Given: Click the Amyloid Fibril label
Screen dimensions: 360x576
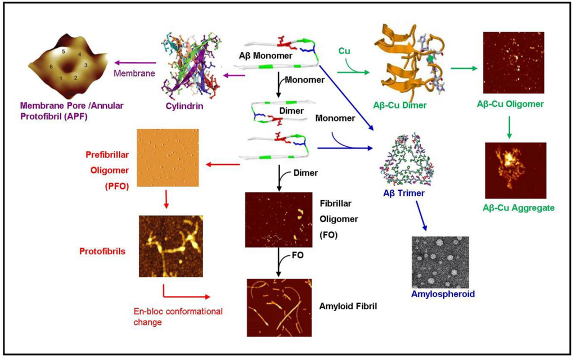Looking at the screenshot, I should [x=348, y=307].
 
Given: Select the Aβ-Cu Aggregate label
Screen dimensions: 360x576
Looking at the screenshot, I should [x=518, y=208].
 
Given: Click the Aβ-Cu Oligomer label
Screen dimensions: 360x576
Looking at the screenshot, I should [x=513, y=105].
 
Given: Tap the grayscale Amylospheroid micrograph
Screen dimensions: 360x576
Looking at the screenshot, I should [x=440, y=262].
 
